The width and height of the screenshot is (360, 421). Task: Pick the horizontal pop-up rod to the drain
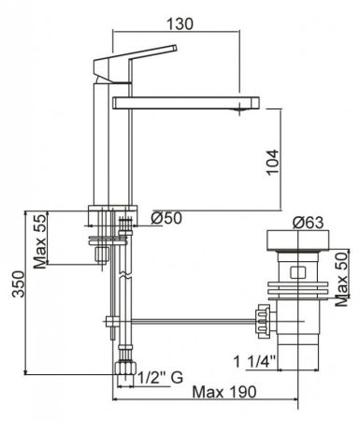(187, 324)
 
